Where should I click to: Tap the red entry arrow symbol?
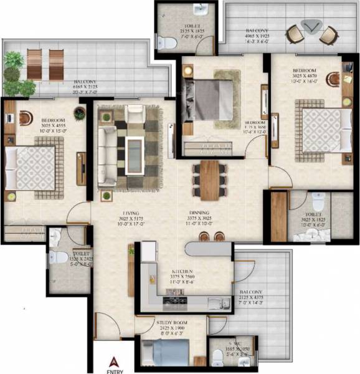click(x=113, y=359)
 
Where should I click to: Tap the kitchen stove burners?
click(x=171, y=304)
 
